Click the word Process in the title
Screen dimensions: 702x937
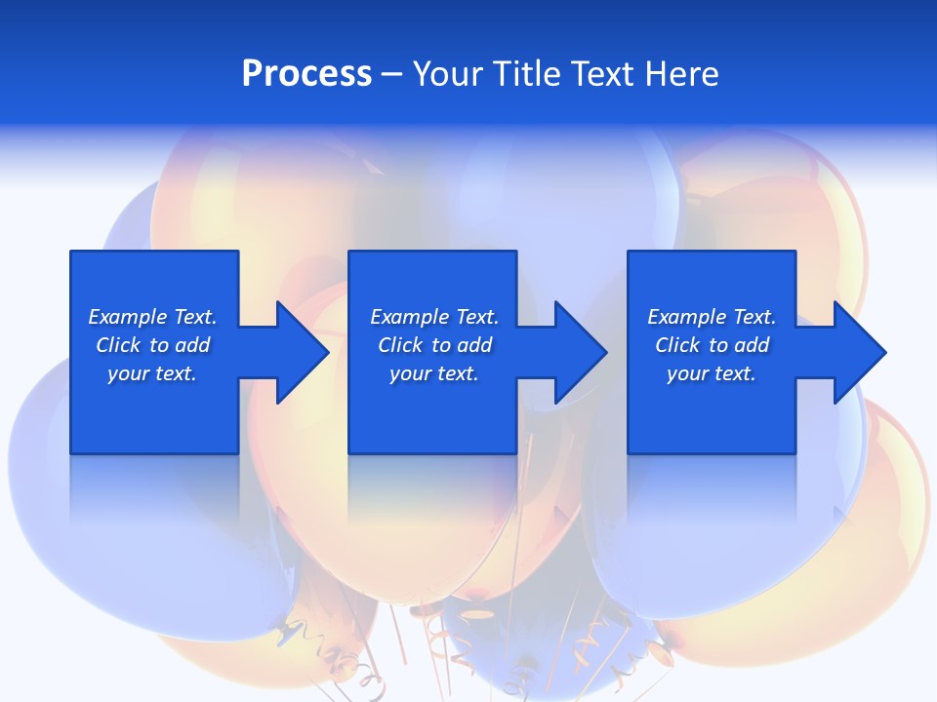pyautogui.click(x=306, y=74)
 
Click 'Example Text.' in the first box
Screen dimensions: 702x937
pyautogui.click(x=152, y=317)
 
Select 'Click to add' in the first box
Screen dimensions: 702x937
pyautogui.click(x=152, y=345)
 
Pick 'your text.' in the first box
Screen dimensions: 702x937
pyautogui.click(x=152, y=373)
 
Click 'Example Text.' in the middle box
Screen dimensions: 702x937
pyautogui.click(x=434, y=317)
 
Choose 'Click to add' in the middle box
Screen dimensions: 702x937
pyautogui.click(x=434, y=345)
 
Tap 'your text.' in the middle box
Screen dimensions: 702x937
pyautogui.click(x=434, y=373)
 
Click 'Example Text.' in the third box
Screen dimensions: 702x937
pyautogui.click(x=712, y=317)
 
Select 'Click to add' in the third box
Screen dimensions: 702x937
pyautogui.click(x=712, y=345)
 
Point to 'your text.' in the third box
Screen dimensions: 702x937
pyautogui.click(x=712, y=373)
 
